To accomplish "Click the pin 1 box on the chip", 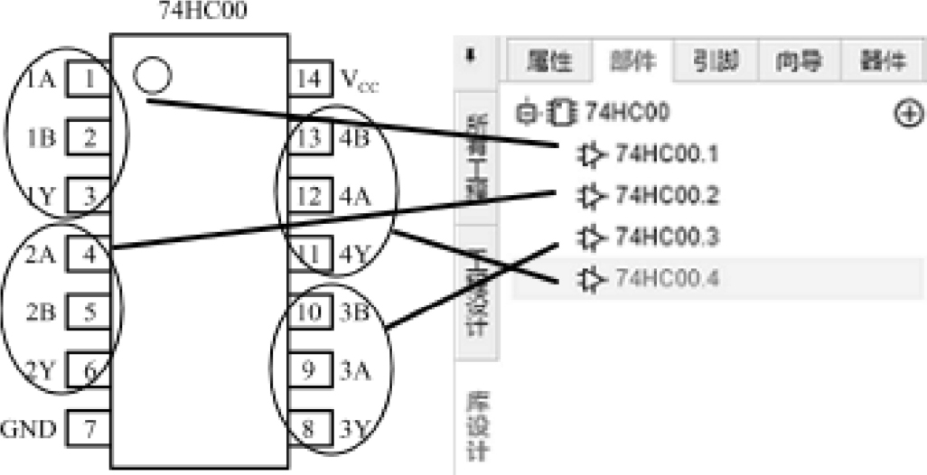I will click(x=89, y=79).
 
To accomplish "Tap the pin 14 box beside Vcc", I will click(x=308, y=79).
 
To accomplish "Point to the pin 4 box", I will click(x=89, y=254).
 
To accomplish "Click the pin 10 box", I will click(x=308, y=312).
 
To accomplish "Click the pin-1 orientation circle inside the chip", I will click(x=151, y=75).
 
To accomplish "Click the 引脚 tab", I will click(x=716, y=61).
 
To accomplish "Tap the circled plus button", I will click(x=909, y=114).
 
